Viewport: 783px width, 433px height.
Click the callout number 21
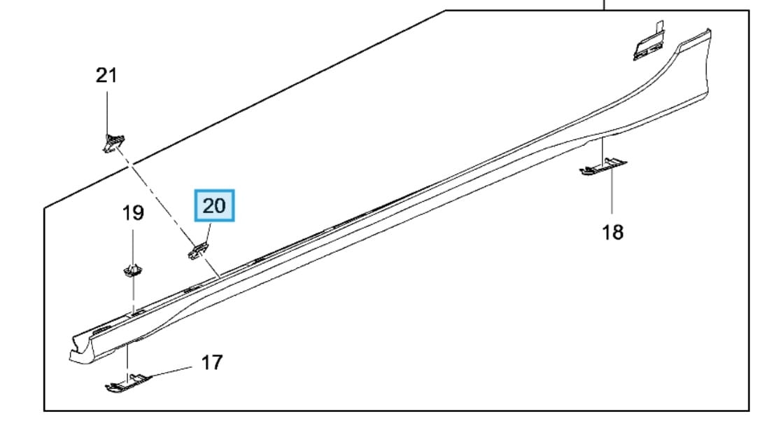point(106,76)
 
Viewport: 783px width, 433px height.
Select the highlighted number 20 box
point(214,205)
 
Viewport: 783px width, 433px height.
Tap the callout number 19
point(134,213)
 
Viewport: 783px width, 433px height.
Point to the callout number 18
point(613,233)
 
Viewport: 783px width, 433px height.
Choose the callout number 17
point(212,362)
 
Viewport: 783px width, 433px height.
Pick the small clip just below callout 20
point(198,249)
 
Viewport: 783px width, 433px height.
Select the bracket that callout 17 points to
point(127,381)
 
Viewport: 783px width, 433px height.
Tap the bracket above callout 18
point(603,167)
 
